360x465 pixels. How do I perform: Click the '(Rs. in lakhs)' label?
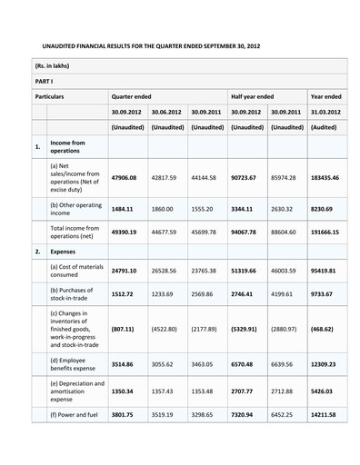tap(52, 65)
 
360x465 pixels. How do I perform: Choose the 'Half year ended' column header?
tap(252, 95)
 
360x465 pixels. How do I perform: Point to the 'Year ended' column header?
tap(325, 95)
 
